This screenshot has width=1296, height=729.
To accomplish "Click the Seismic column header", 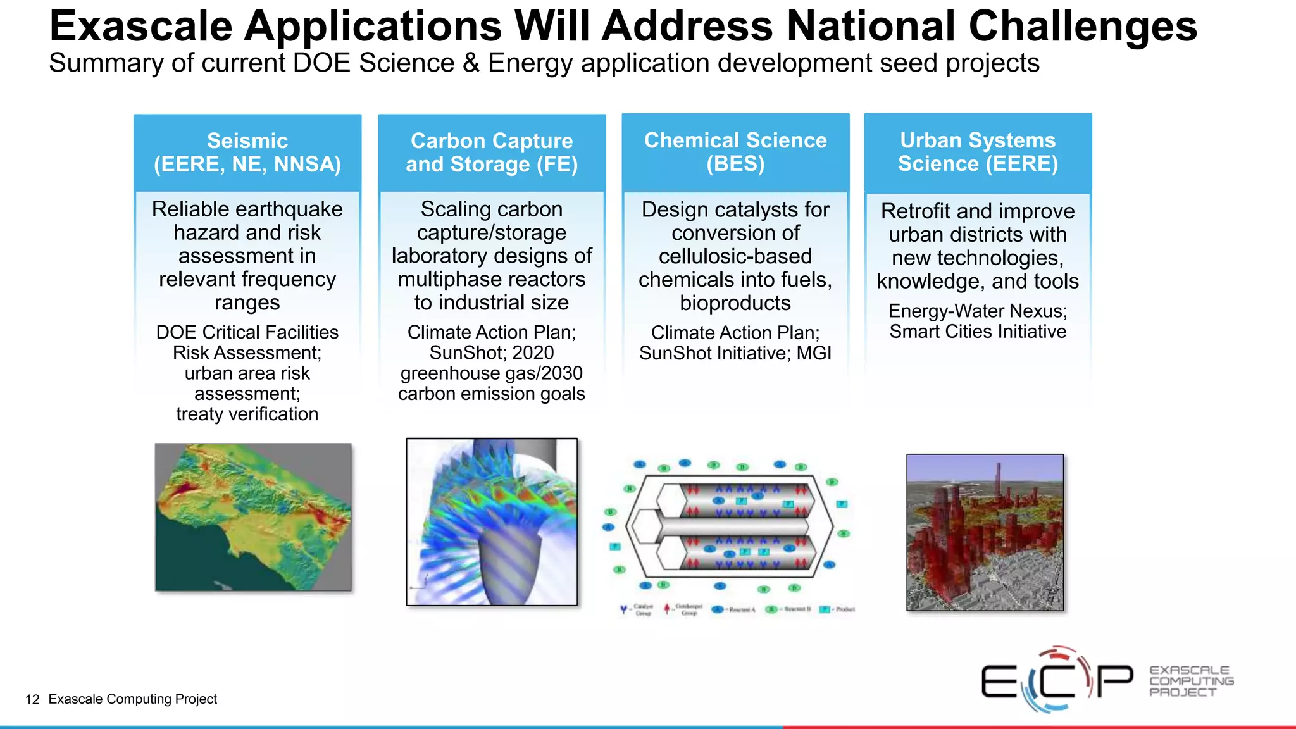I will pyautogui.click(x=247, y=153).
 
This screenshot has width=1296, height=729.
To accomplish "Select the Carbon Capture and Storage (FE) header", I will pyautogui.click(x=492, y=153).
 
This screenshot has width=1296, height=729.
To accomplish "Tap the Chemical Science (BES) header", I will pyautogui.click(x=735, y=152).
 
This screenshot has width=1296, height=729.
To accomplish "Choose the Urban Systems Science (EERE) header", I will pyautogui.click(x=978, y=152).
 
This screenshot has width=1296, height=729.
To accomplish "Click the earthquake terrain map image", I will pyautogui.click(x=253, y=517).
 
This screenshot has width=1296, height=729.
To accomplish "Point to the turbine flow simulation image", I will pyautogui.click(x=492, y=521).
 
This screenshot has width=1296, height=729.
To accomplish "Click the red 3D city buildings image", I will pyautogui.click(x=985, y=532).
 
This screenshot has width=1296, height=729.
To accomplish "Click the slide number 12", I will pyautogui.click(x=32, y=699).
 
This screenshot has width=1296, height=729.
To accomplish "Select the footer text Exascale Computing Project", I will pyautogui.click(x=132, y=699).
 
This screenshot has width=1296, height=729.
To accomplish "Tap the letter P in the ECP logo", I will pyautogui.click(x=1115, y=681).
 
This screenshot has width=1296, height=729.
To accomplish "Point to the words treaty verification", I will pyautogui.click(x=247, y=414).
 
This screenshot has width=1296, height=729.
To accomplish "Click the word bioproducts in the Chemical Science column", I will pyautogui.click(x=735, y=303).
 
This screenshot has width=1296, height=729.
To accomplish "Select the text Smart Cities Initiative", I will pyautogui.click(x=978, y=332).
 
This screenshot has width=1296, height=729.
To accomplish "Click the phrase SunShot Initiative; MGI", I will pyautogui.click(x=735, y=353).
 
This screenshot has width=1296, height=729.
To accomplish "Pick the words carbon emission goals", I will pyautogui.click(x=492, y=394).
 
